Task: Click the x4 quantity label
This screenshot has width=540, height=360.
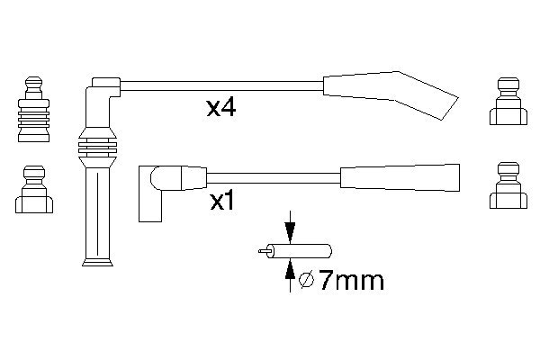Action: (221, 107)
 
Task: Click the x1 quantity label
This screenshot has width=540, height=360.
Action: (221, 202)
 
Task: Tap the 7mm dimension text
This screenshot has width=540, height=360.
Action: (351, 280)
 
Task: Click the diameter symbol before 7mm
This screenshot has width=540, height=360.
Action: (307, 280)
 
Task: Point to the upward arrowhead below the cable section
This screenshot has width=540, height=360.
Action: (291, 269)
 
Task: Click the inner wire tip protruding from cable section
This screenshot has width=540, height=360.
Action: (264, 251)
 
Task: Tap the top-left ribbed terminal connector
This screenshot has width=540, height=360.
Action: (34, 109)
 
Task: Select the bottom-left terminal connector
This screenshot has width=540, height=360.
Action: (34, 189)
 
